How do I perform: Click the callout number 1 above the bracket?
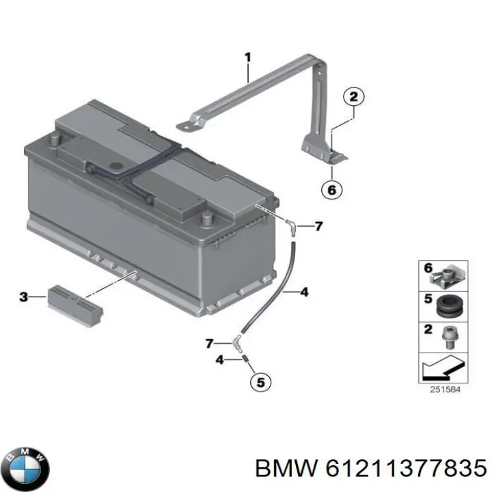[248, 57]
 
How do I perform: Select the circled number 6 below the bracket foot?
[332, 190]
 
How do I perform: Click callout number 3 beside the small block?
[23, 297]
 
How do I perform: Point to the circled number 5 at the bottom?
[258, 382]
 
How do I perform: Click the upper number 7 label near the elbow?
[318, 226]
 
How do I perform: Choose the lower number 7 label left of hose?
[210, 342]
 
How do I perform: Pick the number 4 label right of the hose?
[304, 292]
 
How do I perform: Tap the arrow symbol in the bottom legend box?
[443, 370]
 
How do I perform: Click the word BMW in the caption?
[286, 469]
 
